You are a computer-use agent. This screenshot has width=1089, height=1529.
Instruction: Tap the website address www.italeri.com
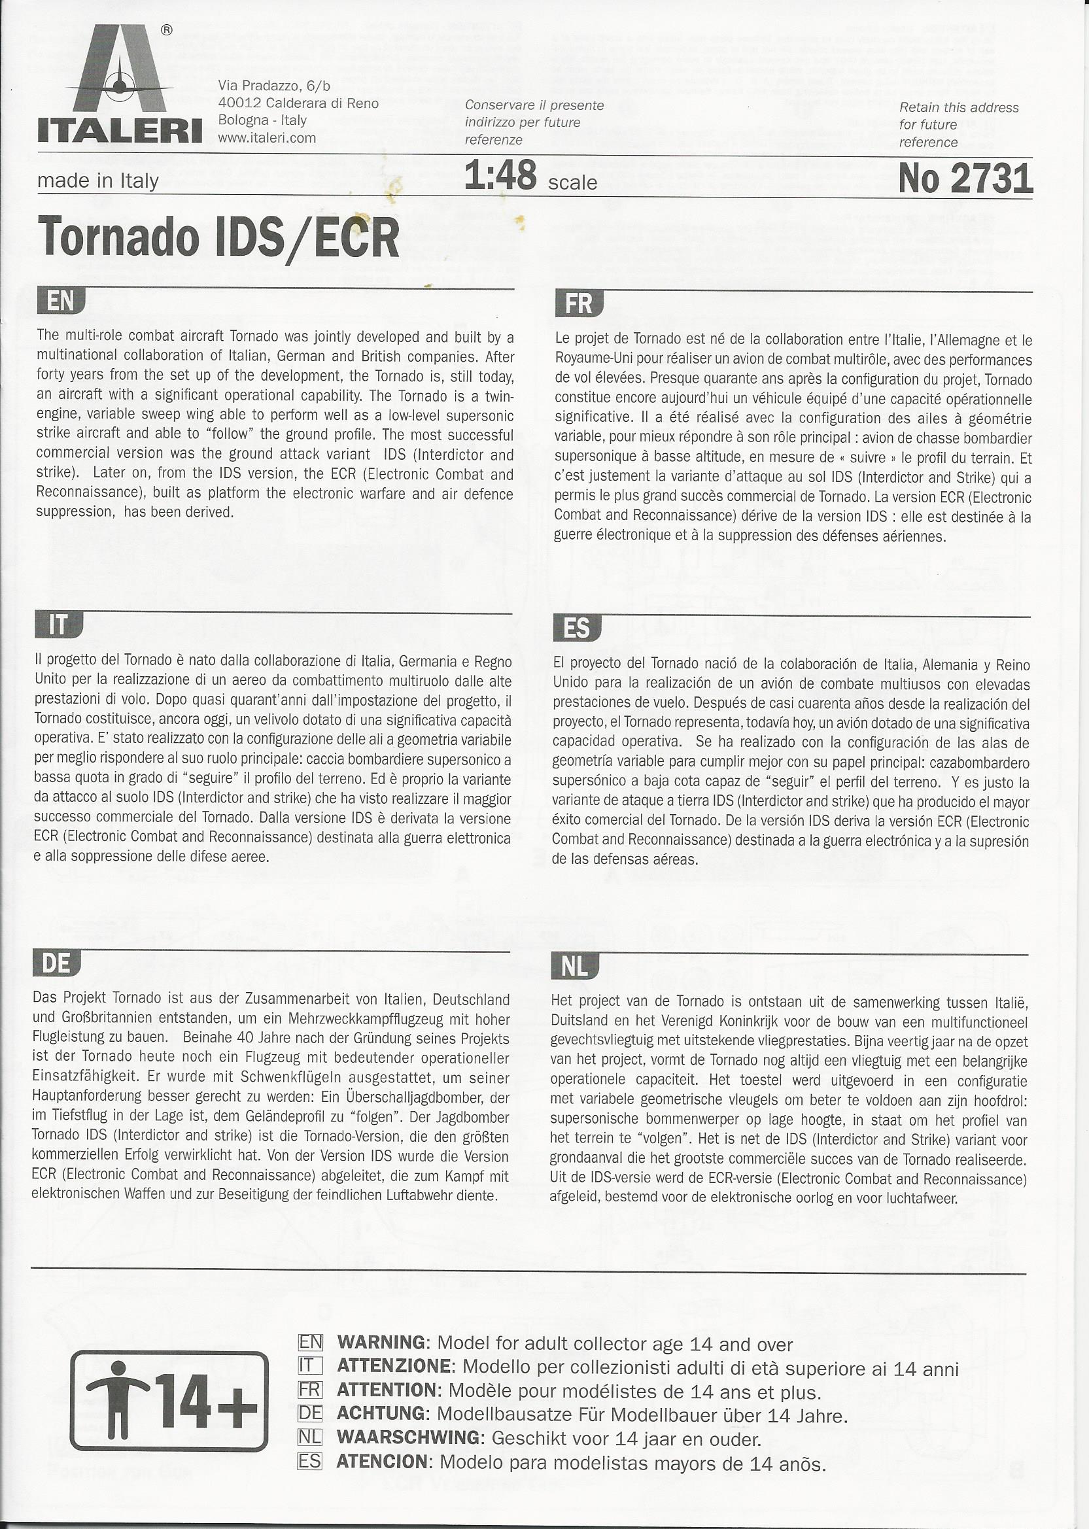pos(267,138)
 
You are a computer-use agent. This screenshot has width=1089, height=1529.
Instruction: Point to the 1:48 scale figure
pos(500,176)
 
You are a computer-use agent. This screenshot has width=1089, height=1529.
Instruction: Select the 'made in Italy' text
pos(98,181)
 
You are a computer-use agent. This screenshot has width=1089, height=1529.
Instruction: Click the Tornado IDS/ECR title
pos(218,237)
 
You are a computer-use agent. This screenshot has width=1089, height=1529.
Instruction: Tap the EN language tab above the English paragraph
pos(60,301)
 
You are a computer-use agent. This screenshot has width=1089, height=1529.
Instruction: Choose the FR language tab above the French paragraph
pos(579,303)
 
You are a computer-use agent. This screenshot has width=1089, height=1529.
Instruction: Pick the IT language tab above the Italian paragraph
pos(58,625)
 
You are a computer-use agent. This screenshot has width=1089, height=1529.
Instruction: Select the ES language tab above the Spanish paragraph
pos(577,628)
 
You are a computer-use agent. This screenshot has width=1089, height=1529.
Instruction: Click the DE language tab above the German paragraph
pos(56,963)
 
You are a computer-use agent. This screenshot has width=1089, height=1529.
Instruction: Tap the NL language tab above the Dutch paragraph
pos(574,966)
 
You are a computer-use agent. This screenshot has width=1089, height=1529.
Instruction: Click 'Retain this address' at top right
pos(958,107)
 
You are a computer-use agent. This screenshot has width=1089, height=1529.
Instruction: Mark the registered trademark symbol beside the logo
pos(167,30)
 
